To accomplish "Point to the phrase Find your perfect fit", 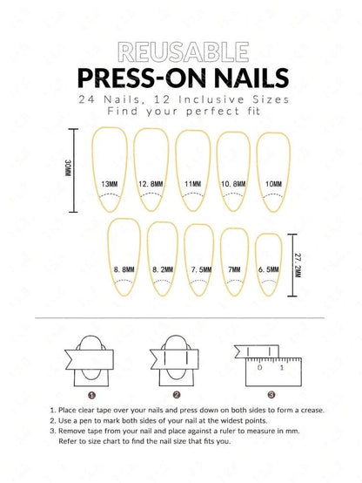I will pos(182,112).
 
